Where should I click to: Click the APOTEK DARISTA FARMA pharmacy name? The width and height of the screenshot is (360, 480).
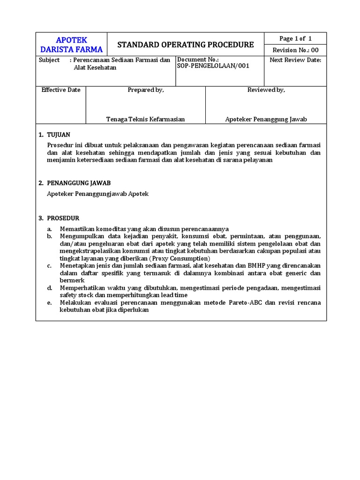click(x=71, y=45)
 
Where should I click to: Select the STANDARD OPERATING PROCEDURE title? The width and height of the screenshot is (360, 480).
click(x=185, y=45)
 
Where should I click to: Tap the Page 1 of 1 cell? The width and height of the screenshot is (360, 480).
click(x=295, y=38)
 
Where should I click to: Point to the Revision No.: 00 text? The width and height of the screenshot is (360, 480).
click(x=295, y=50)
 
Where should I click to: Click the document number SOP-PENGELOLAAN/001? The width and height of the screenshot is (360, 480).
click(x=213, y=66)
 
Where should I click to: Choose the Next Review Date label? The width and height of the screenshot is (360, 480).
click(x=295, y=60)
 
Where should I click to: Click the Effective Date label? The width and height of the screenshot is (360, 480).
click(x=61, y=90)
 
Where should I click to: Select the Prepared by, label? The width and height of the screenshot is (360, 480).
click(x=146, y=90)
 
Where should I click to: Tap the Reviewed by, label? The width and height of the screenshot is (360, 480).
click(x=266, y=90)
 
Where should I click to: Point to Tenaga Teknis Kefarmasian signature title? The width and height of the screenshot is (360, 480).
click(x=146, y=119)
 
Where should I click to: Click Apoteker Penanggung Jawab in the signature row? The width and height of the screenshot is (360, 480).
click(x=266, y=119)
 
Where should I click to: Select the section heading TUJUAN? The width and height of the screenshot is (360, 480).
click(x=58, y=135)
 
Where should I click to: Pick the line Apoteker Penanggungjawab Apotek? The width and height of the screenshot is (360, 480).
click(x=98, y=194)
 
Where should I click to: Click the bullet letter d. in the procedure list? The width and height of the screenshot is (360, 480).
click(x=49, y=287)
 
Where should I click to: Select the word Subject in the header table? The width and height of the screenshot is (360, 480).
click(x=49, y=60)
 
